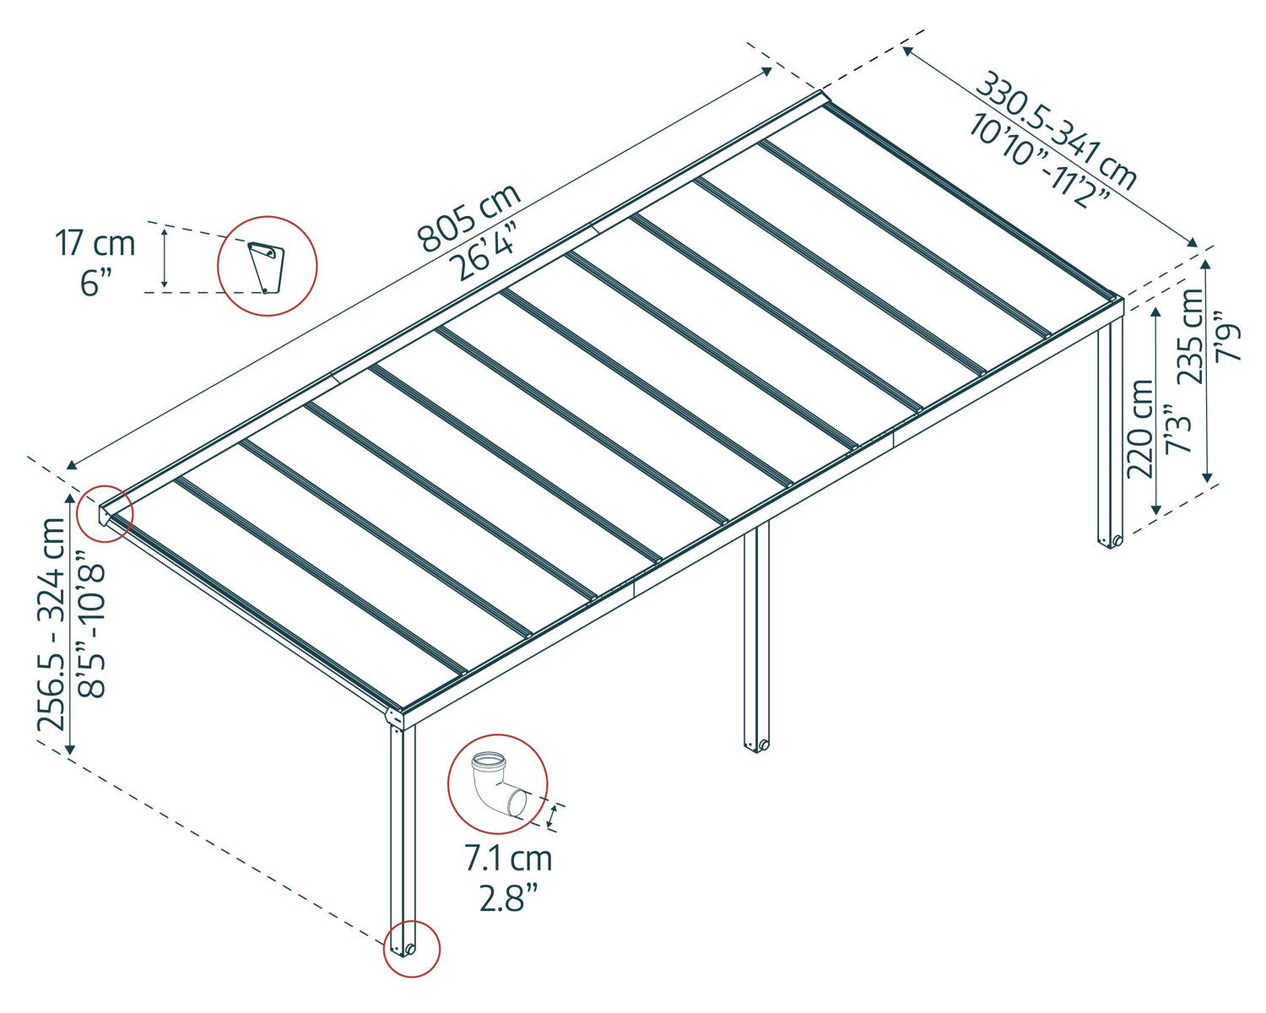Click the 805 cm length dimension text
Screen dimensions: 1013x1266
click(x=469, y=219)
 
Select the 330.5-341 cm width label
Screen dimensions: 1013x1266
click(x=1056, y=131)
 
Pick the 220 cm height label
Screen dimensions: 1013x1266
click(x=1140, y=429)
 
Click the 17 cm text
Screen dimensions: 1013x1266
click(x=95, y=243)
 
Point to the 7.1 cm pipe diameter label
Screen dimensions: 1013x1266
click(x=508, y=859)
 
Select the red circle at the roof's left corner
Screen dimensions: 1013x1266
click(x=104, y=513)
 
